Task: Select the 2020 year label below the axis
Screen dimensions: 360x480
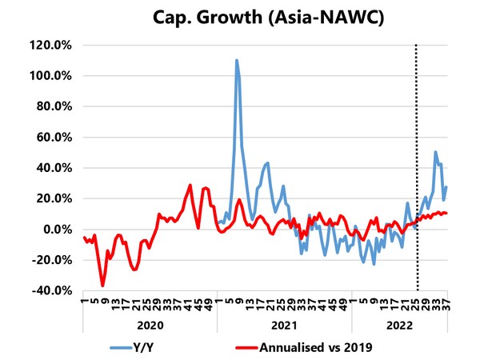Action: [150, 326]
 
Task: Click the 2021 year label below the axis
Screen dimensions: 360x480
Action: [284, 326]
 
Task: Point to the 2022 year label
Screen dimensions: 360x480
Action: [399, 326]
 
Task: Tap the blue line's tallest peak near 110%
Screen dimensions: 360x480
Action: [237, 60]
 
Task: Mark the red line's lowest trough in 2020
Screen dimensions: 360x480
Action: [102, 286]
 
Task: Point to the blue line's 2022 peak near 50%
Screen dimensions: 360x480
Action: [435, 152]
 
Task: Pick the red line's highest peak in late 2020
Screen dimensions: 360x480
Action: [190, 186]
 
